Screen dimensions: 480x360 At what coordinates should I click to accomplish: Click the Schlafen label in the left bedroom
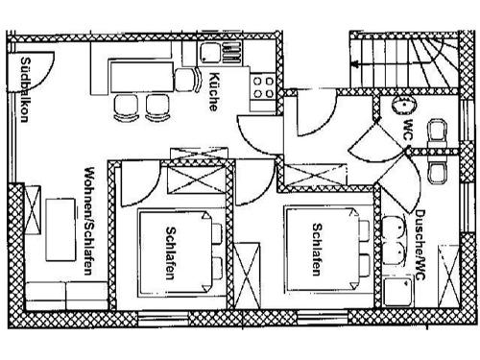[x=169, y=252]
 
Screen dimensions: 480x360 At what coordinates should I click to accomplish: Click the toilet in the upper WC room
[x=437, y=132]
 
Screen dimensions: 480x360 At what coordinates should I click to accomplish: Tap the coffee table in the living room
[x=60, y=229]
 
